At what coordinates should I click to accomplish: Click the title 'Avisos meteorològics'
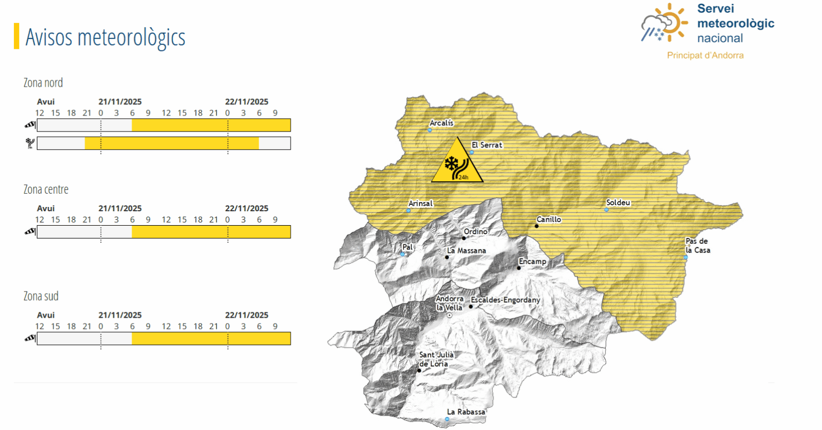(x=105, y=37)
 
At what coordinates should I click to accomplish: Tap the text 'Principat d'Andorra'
(x=705, y=55)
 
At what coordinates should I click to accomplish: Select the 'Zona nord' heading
(x=43, y=83)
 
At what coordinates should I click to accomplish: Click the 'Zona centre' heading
(x=46, y=189)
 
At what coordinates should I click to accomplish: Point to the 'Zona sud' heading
(x=41, y=296)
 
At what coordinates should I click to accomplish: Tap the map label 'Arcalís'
(x=442, y=123)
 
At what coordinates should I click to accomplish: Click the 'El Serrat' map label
(x=487, y=145)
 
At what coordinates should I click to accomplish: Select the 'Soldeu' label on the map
(x=618, y=203)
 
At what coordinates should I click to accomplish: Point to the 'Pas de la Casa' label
(x=697, y=245)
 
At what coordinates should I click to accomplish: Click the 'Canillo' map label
(x=549, y=219)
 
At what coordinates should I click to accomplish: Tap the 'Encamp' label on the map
(x=532, y=262)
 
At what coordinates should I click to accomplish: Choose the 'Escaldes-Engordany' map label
(x=506, y=300)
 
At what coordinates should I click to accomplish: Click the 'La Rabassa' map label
(x=466, y=412)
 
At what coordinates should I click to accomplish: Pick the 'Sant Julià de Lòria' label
(x=436, y=359)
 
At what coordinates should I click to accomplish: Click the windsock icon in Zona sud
(x=30, y=338)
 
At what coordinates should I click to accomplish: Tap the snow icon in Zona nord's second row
(x=30, y=143)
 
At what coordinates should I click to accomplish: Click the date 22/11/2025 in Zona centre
(x=247, y=209)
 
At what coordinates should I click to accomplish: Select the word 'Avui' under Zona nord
(x=46, y=102)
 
